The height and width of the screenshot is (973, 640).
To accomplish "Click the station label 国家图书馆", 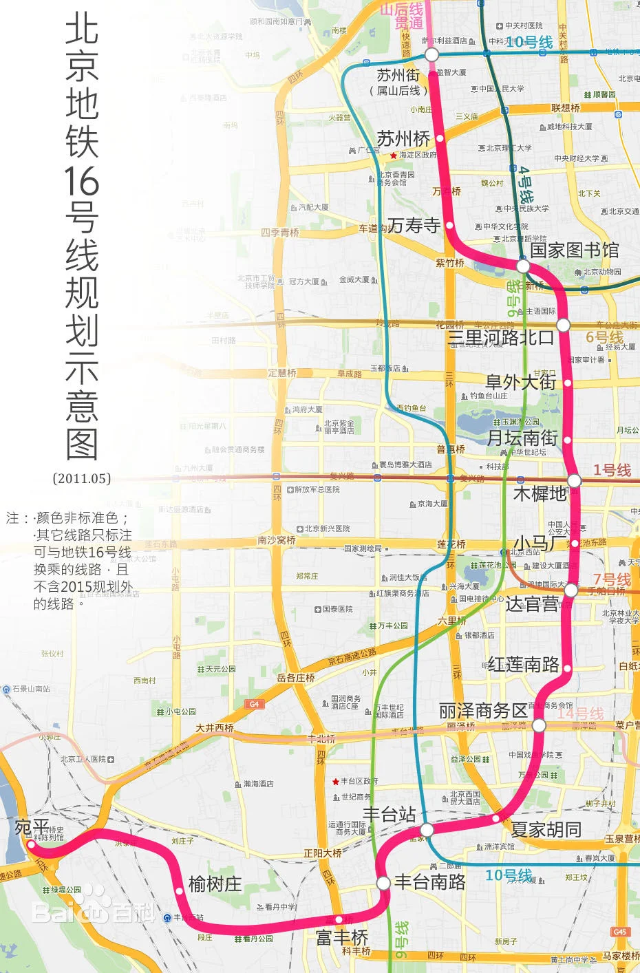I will tap(574, 250).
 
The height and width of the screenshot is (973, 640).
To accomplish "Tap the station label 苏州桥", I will tap(403, 139).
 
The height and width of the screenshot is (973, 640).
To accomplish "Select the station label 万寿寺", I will tap(414, 225).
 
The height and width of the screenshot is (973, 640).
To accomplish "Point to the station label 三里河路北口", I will tap(500, 337).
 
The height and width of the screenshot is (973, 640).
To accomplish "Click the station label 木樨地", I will tap(540, 493).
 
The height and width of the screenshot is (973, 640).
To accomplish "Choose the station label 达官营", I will tap(532, 604).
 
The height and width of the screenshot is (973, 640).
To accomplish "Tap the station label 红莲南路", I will tap(523, 664).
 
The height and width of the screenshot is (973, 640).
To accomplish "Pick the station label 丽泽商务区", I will tap(483, 711).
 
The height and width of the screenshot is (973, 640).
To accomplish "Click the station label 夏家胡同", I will tap(546, 830).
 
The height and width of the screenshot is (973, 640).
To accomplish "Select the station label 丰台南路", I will tap(429, 882).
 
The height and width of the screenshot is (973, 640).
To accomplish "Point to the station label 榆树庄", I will tap(215, 884).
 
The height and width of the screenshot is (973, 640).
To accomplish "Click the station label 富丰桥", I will tap(342, 937).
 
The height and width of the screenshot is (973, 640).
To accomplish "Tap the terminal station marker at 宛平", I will tap(30, 844).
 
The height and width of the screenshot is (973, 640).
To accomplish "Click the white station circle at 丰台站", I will tap(427, 830).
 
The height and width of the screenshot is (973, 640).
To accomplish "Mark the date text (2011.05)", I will tap(82, 478).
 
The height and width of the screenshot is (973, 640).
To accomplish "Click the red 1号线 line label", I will tap(612, 470).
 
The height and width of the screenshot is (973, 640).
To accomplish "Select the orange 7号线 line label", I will tap(612, 579).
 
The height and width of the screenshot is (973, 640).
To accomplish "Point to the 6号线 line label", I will tap(604, 337).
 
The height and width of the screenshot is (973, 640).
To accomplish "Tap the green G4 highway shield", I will tap(254, 704).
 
